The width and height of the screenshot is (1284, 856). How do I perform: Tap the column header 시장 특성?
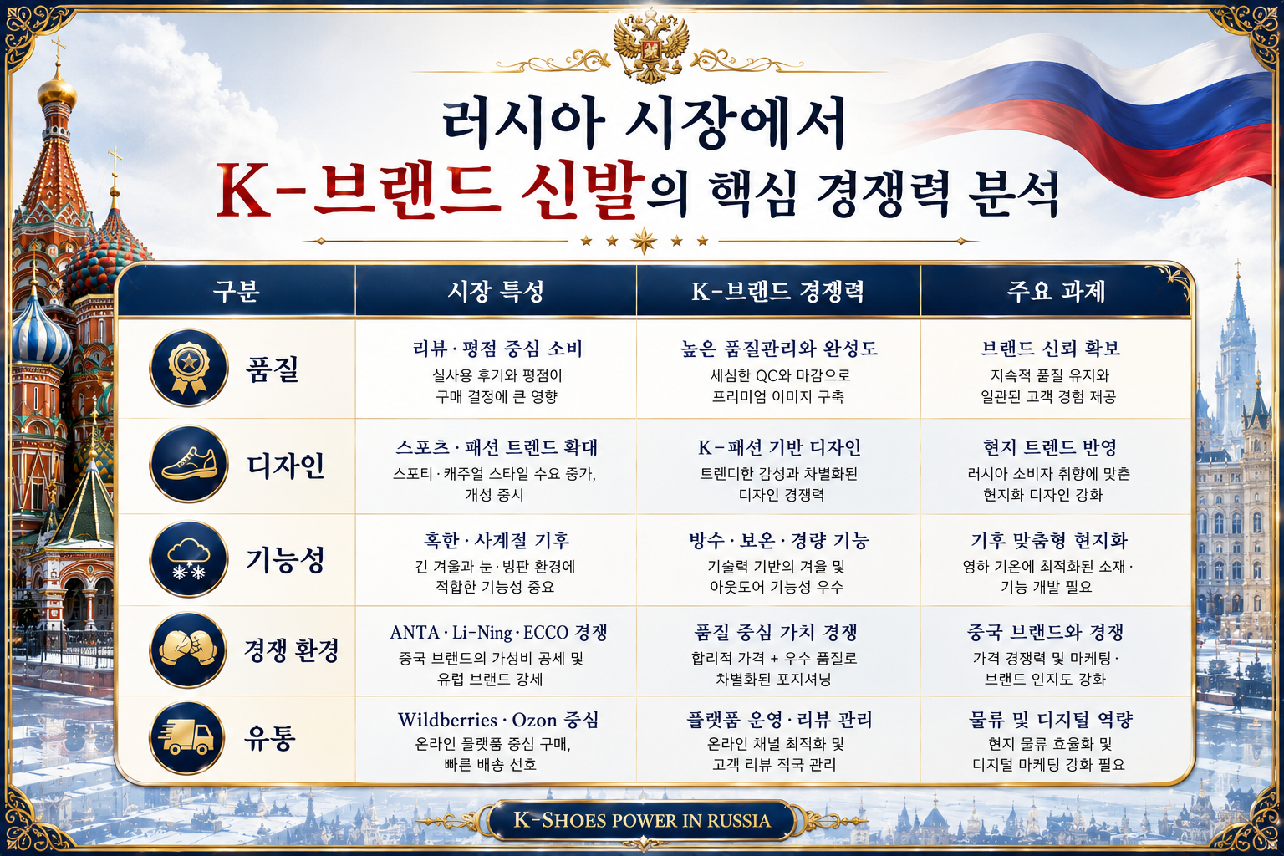point(495,291)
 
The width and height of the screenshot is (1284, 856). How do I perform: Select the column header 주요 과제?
point(1055,291)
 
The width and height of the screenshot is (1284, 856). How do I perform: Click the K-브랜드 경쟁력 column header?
point(777,291)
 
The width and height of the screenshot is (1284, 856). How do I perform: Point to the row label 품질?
point(273,368)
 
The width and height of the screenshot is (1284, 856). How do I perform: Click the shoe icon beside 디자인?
point(189,464)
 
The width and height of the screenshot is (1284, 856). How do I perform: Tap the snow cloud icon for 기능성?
point(189,558)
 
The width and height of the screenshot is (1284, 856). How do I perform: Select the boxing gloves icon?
point(189,650)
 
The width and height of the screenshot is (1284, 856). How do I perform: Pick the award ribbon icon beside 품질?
point(189,368)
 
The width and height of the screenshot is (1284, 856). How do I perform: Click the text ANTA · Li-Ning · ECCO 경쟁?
point(498,632)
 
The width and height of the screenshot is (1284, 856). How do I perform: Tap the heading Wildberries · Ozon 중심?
point(498,720)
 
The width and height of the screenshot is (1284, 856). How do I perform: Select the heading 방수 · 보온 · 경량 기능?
point(778,540)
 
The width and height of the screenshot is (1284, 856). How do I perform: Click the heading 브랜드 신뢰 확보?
point(1050,348)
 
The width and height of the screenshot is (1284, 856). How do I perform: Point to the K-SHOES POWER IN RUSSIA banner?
point(642,820)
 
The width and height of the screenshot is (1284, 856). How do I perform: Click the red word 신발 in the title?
point(581,191)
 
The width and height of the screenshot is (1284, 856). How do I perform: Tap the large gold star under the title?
point(644,241)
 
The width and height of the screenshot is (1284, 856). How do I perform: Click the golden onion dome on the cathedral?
point(57,90)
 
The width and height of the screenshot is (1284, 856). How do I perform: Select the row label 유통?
point(270,738)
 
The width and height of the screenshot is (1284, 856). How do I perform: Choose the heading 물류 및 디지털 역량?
point(1050,720)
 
